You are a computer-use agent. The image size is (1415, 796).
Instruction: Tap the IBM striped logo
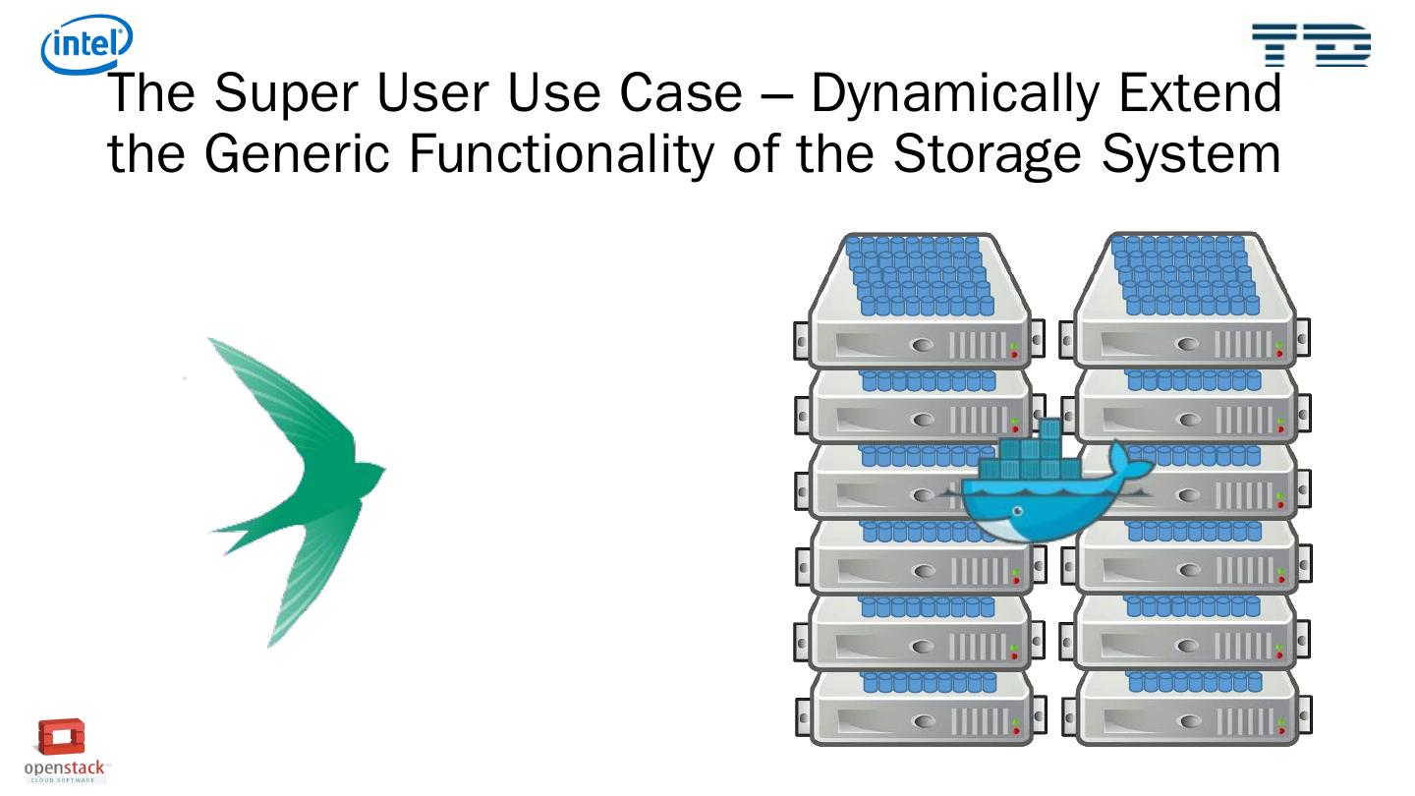point(1311,45)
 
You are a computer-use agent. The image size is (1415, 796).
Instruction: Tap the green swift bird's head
point(368,470)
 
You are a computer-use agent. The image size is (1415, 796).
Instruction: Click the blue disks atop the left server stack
point(919,275)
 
